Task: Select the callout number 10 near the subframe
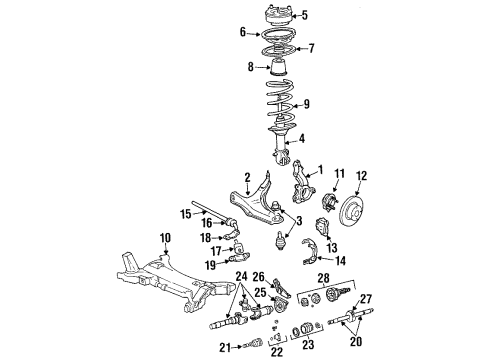tap(164, 237)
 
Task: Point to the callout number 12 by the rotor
tap(361, 177)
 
